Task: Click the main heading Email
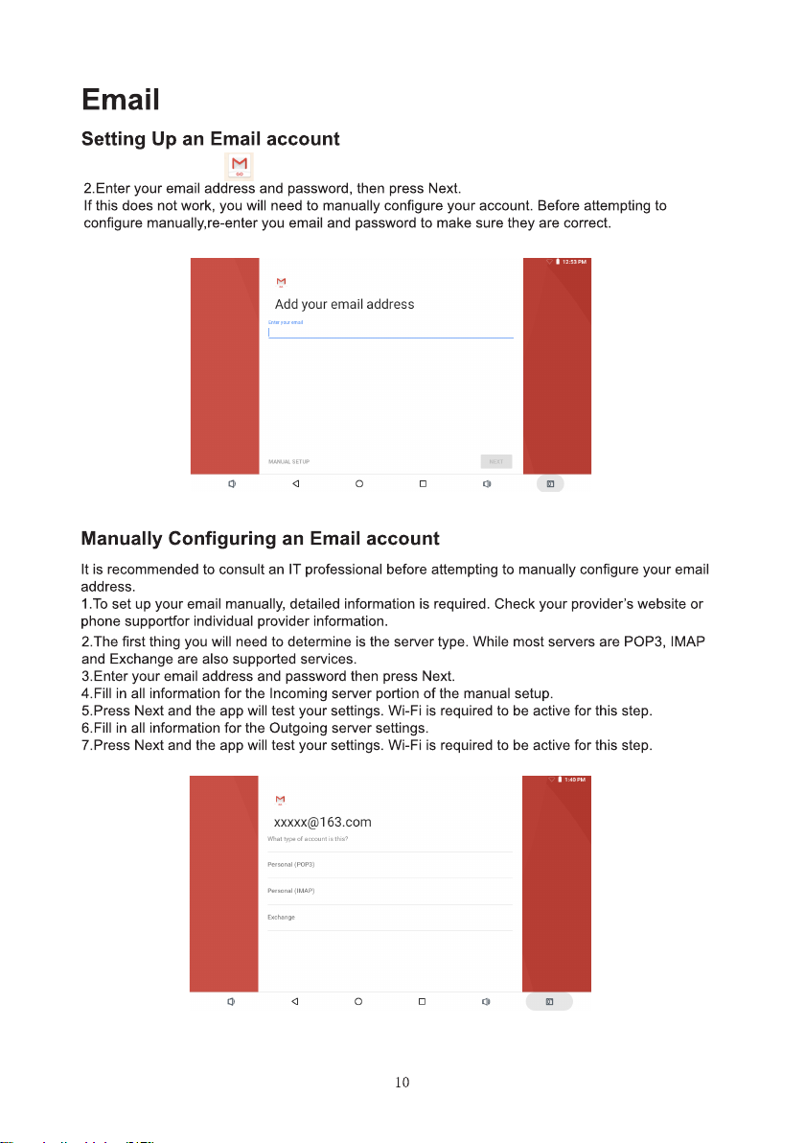[x=120, y=100]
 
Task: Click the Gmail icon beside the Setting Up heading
[x=238, y=165]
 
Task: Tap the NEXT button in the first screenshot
[x=496, y=461]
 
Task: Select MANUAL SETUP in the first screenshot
[x=288, y=462]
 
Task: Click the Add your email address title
[x=344, y=305]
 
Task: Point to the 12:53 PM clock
[x=574, y=261]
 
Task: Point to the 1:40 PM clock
[x=574, y=780]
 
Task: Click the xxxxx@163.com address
[x=322, y=822]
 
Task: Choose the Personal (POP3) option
[x=291, y=865]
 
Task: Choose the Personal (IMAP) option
[x=291, y=891]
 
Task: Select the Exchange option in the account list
[x=281, y=918]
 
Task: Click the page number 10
[x=402, y=1084]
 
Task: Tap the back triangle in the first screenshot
[x=296, y=484]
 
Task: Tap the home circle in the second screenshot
[x=358, y=1002]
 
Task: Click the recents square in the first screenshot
[x=423, y=484]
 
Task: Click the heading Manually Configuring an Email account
[x=260, y=539]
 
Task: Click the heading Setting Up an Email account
[x=210, y=139]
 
